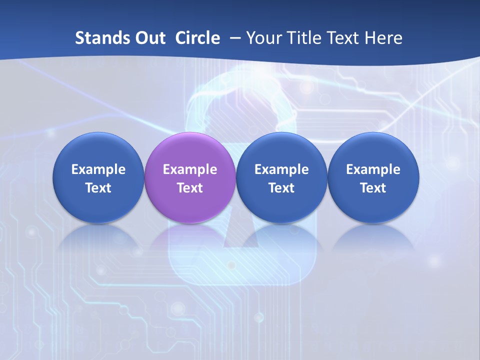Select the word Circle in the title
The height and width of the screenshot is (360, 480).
click(x=197, y=38)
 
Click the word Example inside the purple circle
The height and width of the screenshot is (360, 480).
click(x=189, y=169)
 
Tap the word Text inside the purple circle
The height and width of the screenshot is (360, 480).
click(x=189, y=188)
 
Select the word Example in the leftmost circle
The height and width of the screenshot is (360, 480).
click(x=98, y=169)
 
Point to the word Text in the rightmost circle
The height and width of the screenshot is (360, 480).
click(x=373, y=188)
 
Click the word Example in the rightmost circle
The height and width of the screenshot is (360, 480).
click(x=373, y=169)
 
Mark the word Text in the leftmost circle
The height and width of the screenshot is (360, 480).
click(x=98, y=188)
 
